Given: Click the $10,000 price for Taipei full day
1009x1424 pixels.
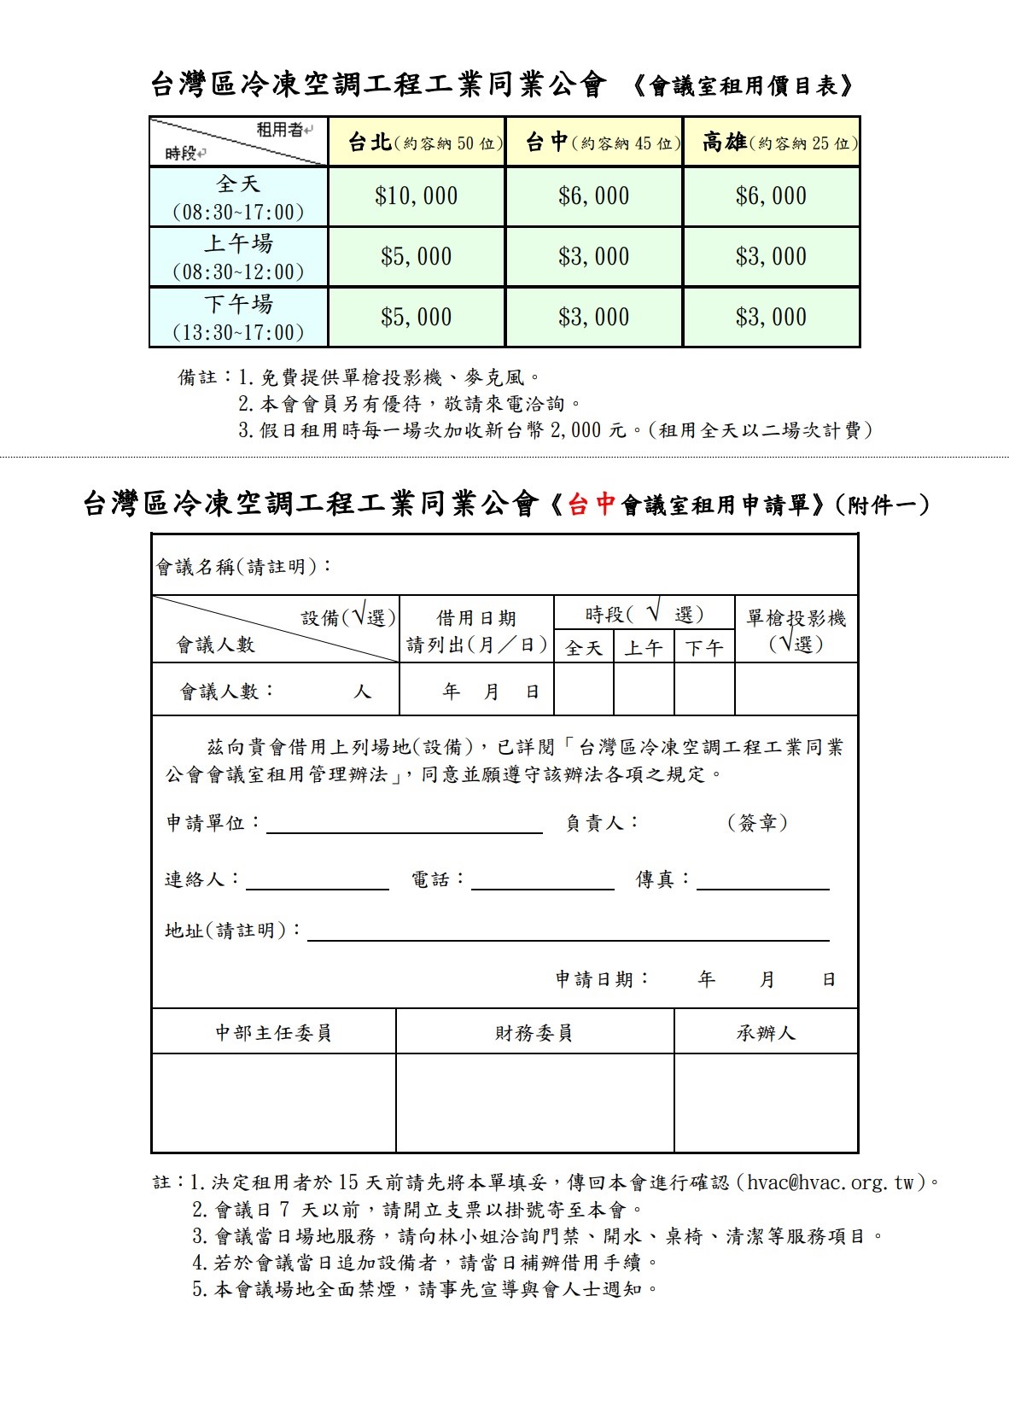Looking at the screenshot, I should tap(416, 196).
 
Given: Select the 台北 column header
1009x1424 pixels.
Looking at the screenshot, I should tap(417, 143).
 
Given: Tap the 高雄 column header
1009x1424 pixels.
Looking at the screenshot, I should tap(771, 143).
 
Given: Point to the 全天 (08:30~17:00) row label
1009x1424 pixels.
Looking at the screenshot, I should tap(238, 197).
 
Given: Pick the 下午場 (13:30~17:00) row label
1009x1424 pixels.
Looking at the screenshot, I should tap(238, 318).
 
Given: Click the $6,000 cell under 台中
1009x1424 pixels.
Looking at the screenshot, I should tap(593, 196).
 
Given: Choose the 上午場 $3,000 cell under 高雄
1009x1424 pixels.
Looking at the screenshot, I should tap(771, 256).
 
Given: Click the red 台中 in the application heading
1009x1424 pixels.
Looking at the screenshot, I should tap(592, 505).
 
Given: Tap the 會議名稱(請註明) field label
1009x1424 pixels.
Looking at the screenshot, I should tap(244, 567).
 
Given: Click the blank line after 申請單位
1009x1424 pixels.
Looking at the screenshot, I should tap(405, 825).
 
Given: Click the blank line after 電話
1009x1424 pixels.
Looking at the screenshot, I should tap(542, 881).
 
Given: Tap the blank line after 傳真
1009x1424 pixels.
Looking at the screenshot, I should tap(762, 881).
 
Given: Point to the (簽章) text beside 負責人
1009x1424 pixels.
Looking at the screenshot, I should tap(757, 823).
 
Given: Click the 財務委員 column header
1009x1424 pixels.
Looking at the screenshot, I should tap(534, 1033).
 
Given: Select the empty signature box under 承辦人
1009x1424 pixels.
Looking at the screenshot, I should tap(766, 1103).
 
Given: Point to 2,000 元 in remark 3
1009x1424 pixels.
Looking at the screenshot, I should tap(588, 430).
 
